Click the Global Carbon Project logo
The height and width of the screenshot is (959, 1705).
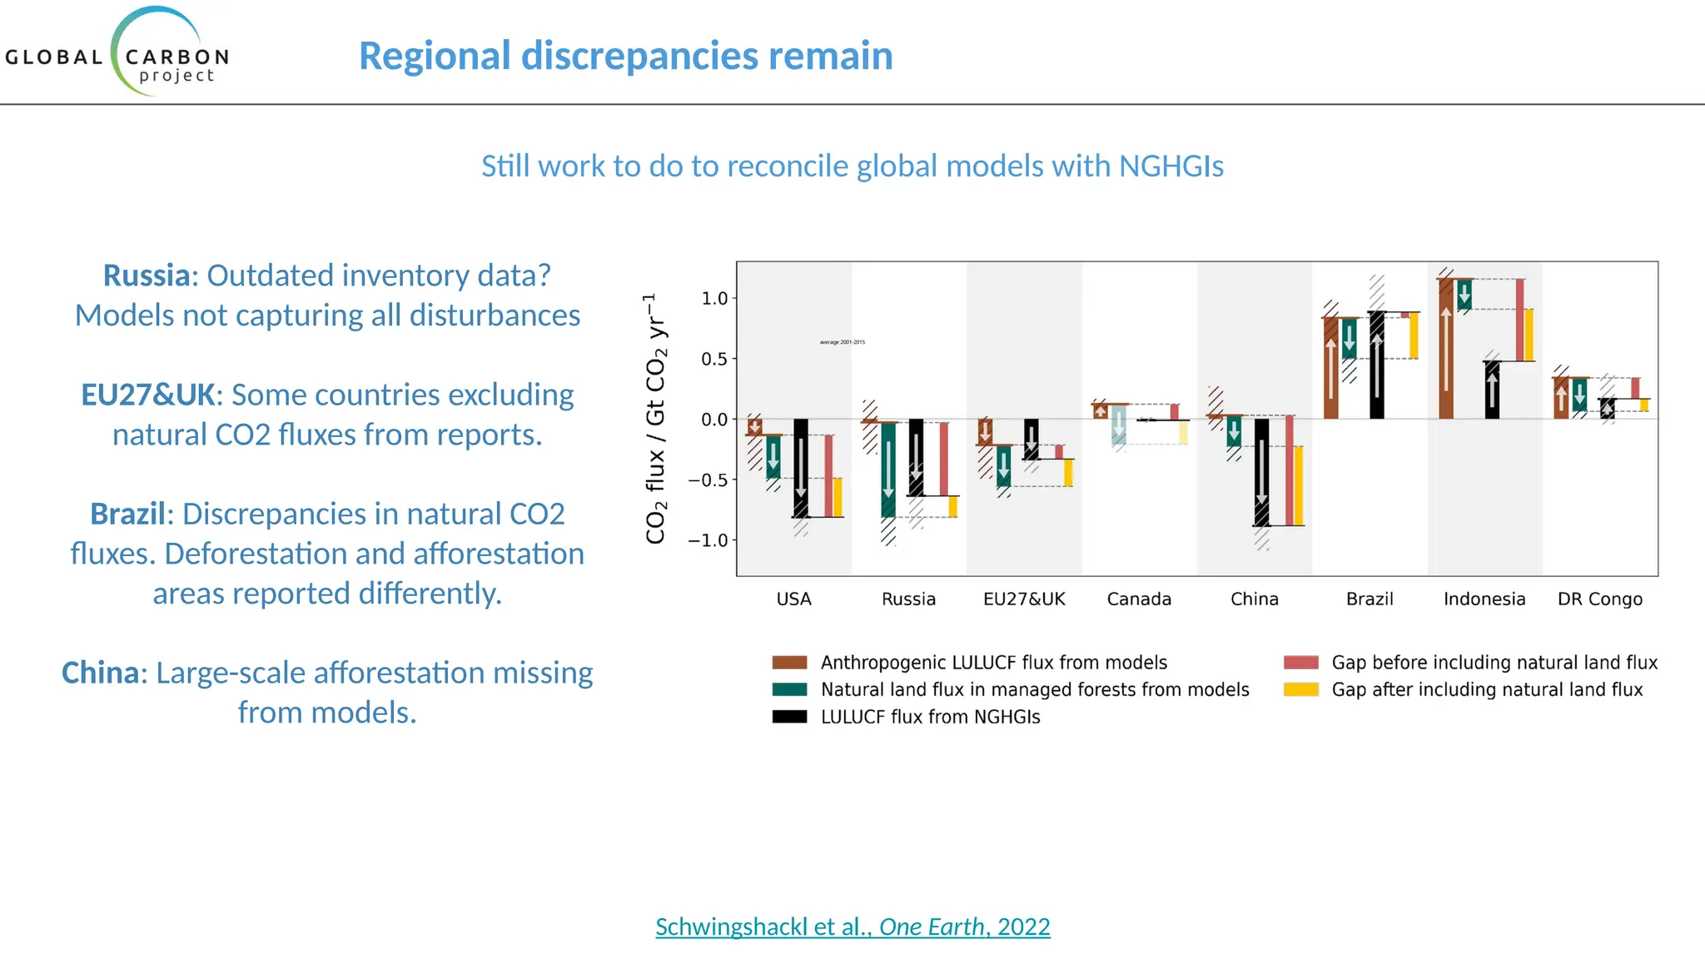pos(117,54)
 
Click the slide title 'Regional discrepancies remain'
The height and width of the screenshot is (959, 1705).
pos(625,57)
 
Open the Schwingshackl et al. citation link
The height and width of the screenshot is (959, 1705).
pos(852,927)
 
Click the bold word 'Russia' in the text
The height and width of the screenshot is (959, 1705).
pos(147,276)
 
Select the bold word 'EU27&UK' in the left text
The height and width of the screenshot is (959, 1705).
pos(148,395)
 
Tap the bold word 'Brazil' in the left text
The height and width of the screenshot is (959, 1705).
pos(127,514)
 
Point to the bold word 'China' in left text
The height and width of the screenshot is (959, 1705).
pos(99,673)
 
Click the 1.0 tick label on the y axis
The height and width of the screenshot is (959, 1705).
pos(714,299)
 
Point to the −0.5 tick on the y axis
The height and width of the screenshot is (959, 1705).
pos(708,480)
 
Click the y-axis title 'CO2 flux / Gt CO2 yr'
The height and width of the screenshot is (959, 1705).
pos(656,419)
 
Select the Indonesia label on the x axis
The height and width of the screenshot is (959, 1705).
pos(1484,599)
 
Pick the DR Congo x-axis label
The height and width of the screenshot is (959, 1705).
pos(1599,599)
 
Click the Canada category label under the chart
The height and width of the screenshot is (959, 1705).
pos(1139,599)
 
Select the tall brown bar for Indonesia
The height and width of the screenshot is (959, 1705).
pos(1446,349)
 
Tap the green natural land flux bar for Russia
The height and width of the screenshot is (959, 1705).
pos(888,470)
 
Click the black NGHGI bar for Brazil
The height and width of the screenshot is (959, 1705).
pos(1377,365)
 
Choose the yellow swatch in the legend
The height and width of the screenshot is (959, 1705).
pos(1300,690)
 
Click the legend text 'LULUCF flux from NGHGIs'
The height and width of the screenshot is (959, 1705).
pos(930,718)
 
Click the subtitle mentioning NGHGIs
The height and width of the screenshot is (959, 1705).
pos(852,166)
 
